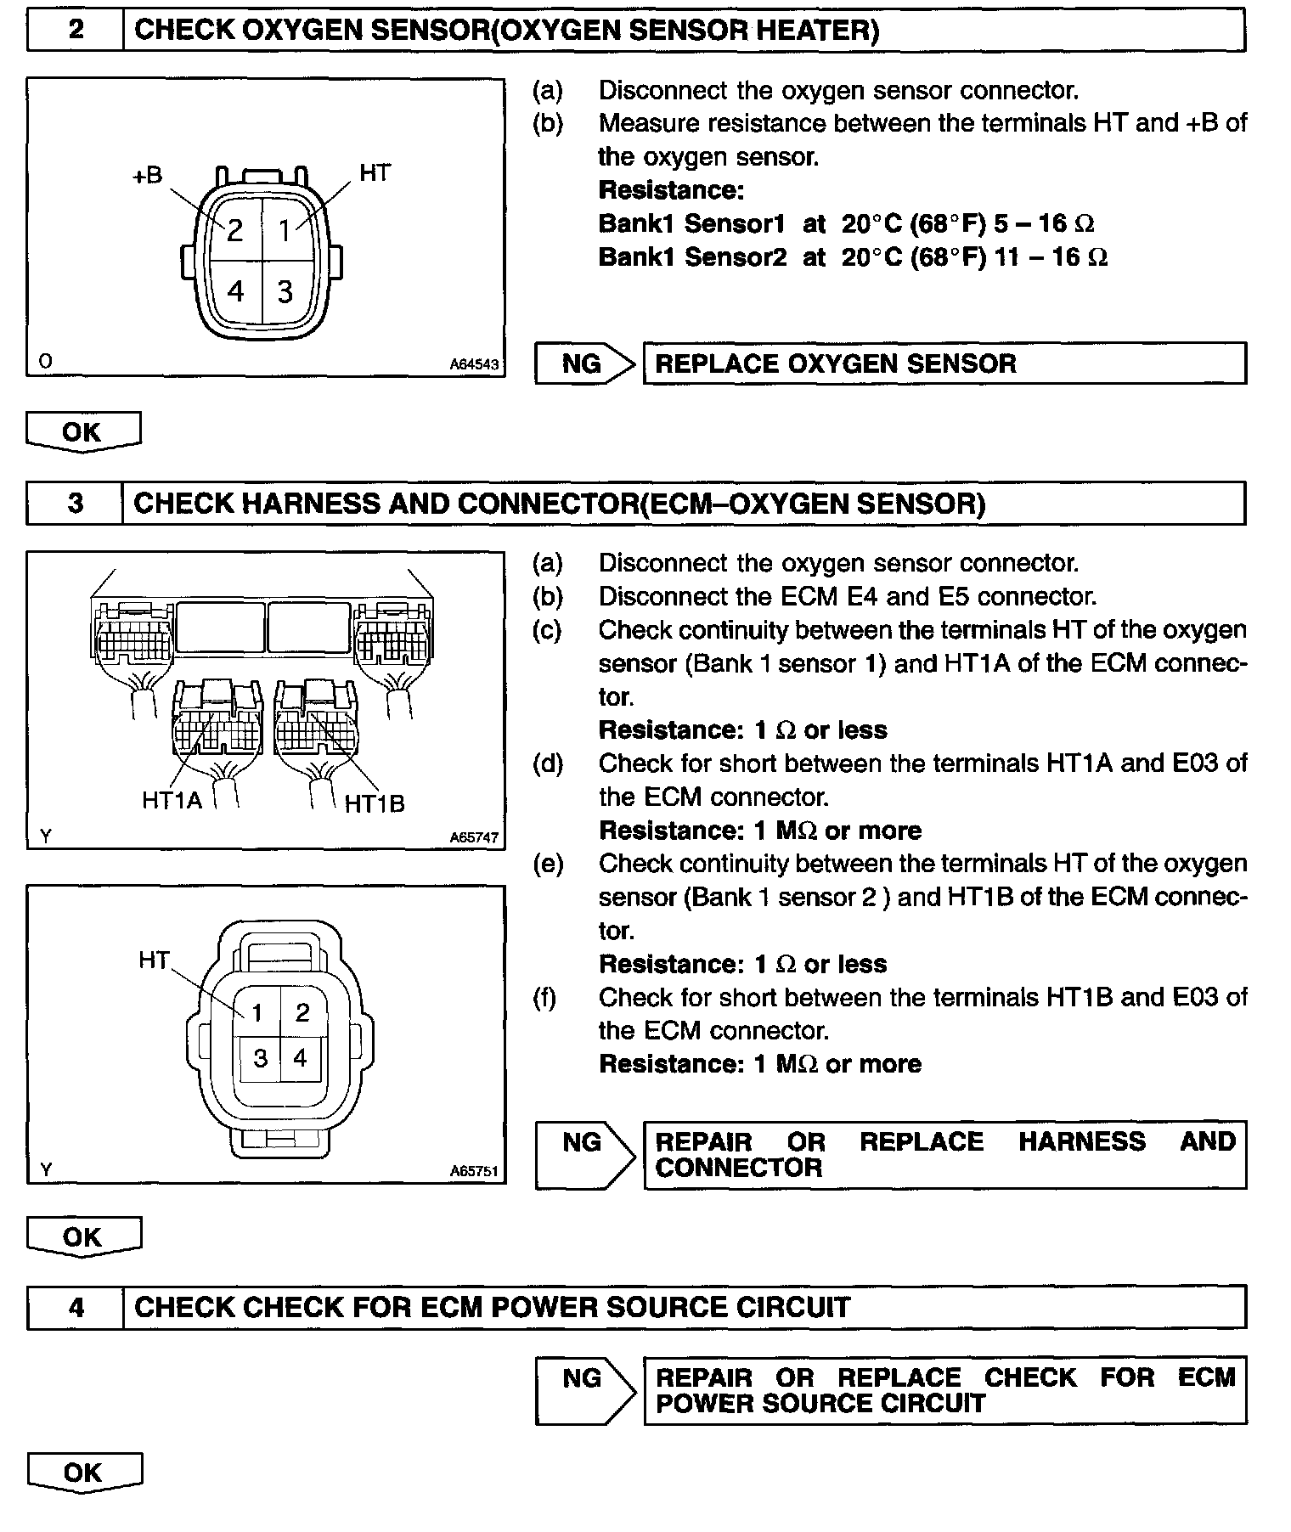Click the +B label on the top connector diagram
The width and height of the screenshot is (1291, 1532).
point(147,176)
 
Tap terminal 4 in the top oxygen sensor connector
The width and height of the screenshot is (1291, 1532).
point(235,291)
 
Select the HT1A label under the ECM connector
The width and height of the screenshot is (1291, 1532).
point(172,800)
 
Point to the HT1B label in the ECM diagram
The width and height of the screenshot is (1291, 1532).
point(375,803)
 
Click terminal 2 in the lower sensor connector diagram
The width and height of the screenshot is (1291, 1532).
point(302,1012)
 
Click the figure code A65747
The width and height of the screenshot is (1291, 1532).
point(474,837)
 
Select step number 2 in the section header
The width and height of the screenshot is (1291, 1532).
point(76,30)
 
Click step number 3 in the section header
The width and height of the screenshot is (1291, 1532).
point(76,504)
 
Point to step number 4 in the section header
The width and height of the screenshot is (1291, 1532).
point(76,1307)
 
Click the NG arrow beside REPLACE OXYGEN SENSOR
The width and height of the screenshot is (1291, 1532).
point(584,363)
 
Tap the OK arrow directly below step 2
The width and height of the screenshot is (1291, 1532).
point(82,432)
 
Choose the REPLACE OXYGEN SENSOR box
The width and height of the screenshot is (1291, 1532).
point(944,363)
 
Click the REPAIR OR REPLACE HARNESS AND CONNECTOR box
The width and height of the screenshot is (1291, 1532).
point(944,1155)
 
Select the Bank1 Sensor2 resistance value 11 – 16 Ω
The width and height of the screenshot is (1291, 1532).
point(1051,256)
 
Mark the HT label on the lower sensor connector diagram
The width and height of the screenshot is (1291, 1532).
point(154,960)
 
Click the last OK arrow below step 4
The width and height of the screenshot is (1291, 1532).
point(83,1473)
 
